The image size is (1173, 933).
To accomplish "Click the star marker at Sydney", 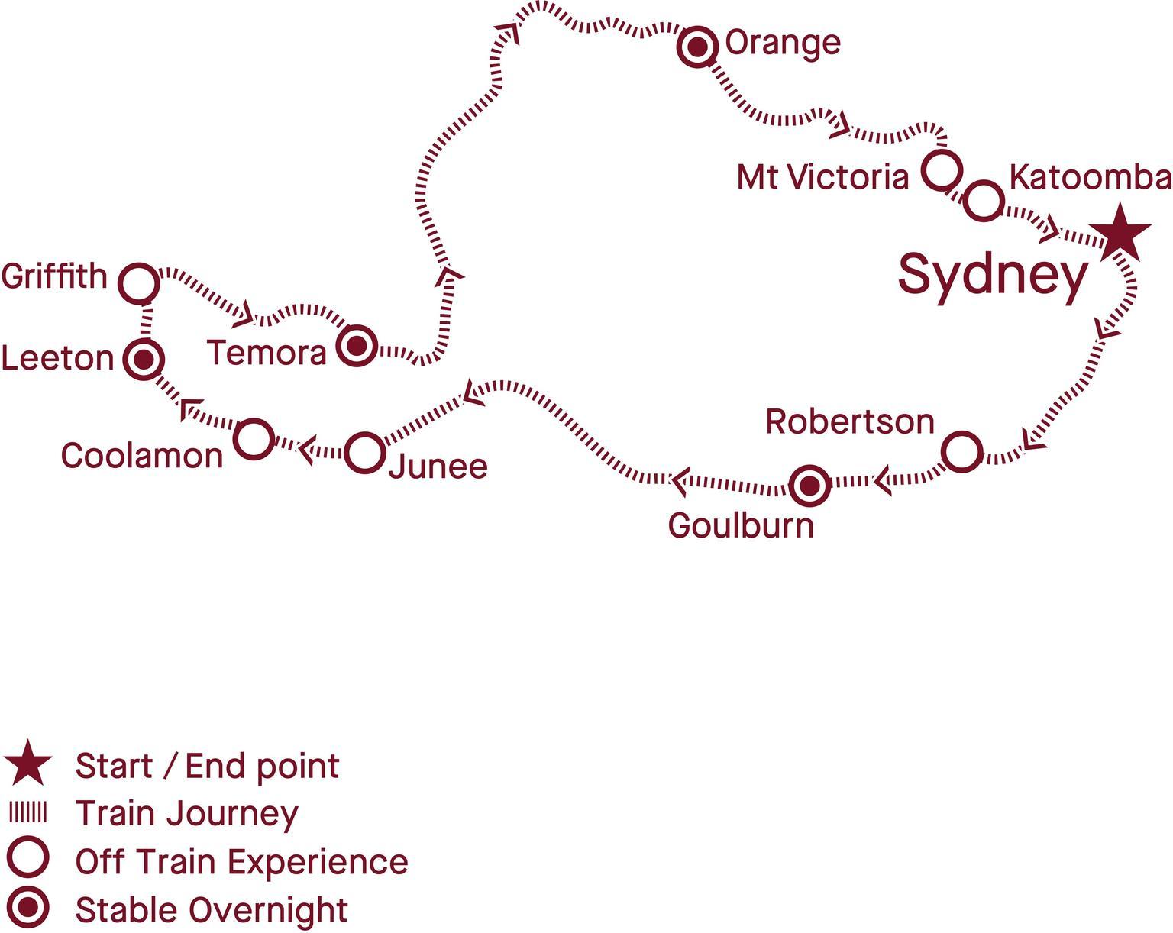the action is coord(1120,234).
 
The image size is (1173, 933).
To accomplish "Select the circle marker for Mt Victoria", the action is coord(942,170).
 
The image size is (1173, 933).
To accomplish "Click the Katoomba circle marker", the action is coord(984,201).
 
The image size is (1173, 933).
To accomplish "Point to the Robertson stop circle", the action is coord(962,451).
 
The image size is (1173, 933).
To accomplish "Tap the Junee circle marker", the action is coord(365,452).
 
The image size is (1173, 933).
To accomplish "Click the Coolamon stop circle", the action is coord(254,439).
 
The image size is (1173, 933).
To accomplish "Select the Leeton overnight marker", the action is coord(144,360).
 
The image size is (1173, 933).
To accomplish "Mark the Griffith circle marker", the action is coord(140,283).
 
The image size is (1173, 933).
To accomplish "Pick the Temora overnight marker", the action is coord(357,346).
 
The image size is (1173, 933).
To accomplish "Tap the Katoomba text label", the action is coord(1091,177).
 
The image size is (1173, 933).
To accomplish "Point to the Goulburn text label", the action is coord(742,527).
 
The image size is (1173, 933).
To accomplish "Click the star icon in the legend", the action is coord(27,764).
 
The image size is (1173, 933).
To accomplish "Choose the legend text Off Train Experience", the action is coord(241,861).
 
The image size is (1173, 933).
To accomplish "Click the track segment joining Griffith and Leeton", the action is coord(146,321).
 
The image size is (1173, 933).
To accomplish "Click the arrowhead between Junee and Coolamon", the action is coord(306,450).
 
